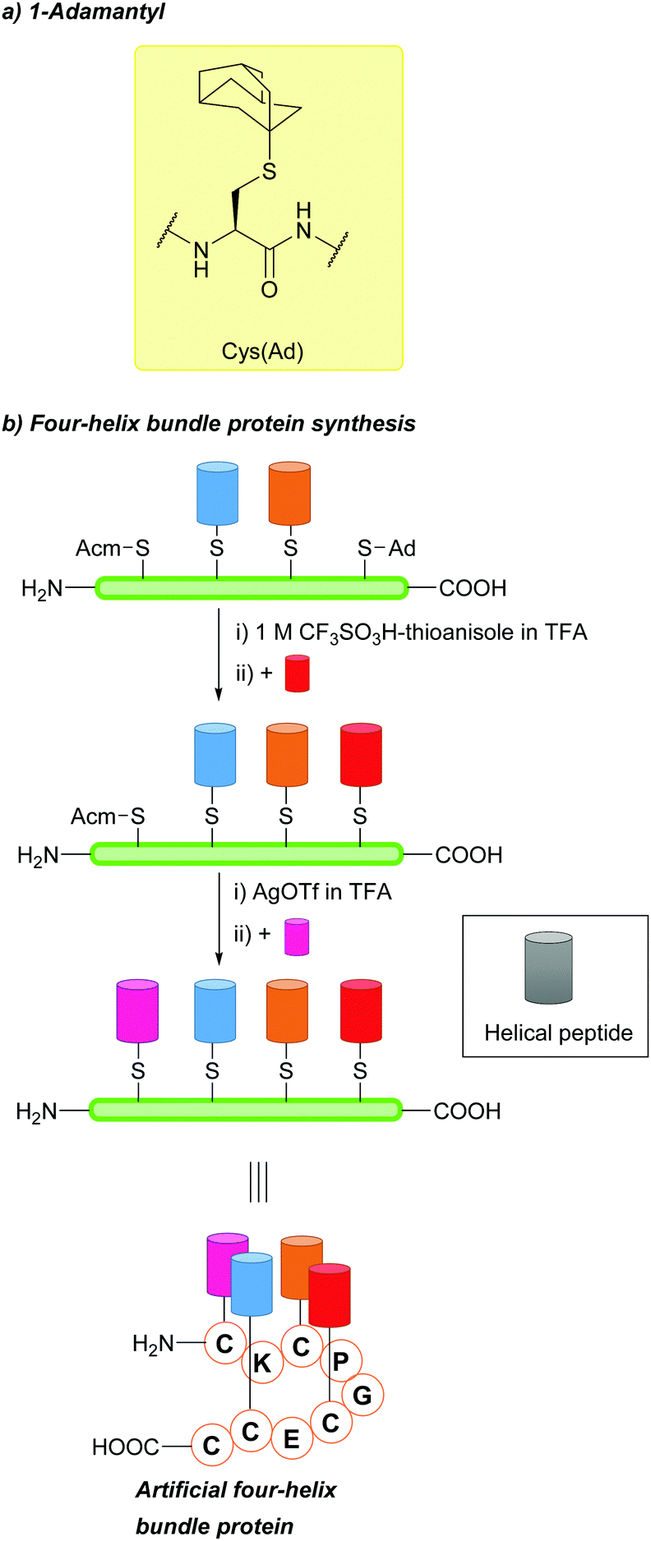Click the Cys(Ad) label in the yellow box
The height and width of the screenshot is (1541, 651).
[x=262, y=352]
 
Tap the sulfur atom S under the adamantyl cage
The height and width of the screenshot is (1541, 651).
[x=269, y=172]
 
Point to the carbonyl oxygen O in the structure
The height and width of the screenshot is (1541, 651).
[x=269, y=290]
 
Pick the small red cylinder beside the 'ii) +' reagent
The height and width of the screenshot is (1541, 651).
[x=297, y=674]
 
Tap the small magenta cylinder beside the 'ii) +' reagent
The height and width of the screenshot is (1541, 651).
[x=296, y=936]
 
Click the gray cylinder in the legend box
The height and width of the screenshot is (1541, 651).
[x=548, y=968]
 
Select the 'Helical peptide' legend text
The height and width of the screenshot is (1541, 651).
[x=558, y=1033]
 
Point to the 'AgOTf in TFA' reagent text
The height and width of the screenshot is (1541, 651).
[x=321, y=892]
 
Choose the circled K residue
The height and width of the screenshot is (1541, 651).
[x=262, y=1363]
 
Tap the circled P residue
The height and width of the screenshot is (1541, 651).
[x=340, y=1361]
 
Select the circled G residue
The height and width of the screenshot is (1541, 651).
[x=362, y=1394]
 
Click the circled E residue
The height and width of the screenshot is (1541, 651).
[x=291, y=1438]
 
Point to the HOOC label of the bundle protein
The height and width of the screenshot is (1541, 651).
[x=125, y=1446]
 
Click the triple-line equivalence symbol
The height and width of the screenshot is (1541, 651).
[x=258, y=1182]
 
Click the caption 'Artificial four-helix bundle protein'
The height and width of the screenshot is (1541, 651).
[x=235, y=1507]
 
